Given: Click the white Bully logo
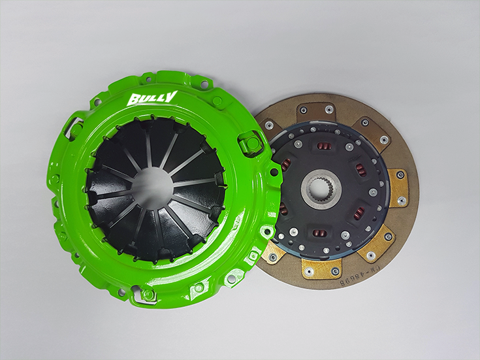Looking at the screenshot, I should [152, 99].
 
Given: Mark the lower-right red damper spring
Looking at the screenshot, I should [358, 213].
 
